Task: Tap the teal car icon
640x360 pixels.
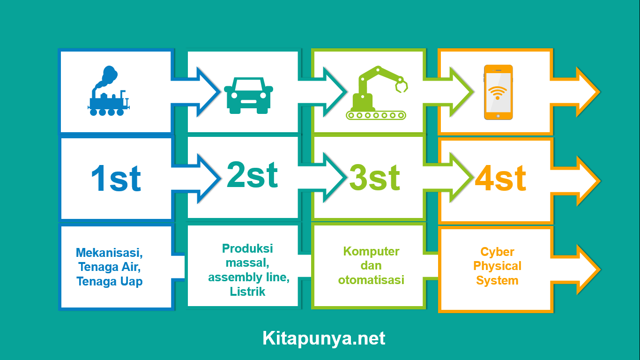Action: pos(248,96)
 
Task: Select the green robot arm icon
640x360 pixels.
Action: pos(376,93)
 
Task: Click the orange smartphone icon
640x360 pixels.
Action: pos(498,92)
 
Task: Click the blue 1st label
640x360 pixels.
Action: pos(116,179)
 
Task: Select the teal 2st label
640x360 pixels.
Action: pos(252,175)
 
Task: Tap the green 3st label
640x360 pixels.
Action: pos(374,178)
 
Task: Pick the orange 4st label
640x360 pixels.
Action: pos(500,179)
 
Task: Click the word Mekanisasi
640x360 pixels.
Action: pos(109,253)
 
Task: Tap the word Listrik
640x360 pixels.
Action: pos(247,292)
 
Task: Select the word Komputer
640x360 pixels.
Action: pos(371,251)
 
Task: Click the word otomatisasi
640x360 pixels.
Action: pos(371,280)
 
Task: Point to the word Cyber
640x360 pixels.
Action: pos(497,252)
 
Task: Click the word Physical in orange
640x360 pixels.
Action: pos(497,266)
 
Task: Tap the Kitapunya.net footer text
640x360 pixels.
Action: pos(324,338)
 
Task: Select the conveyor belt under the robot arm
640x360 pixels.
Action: pos(376,115)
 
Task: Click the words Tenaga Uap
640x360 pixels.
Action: pos(110,281)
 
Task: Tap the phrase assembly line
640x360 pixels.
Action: pos(248,277)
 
